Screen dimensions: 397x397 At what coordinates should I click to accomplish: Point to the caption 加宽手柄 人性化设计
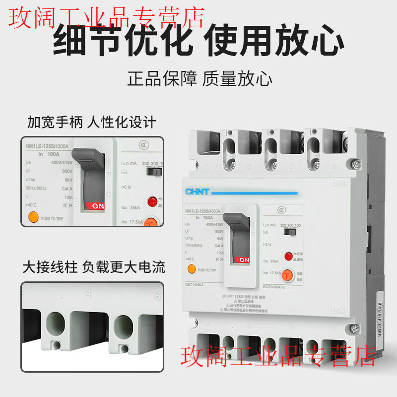(x=91, y=122)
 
